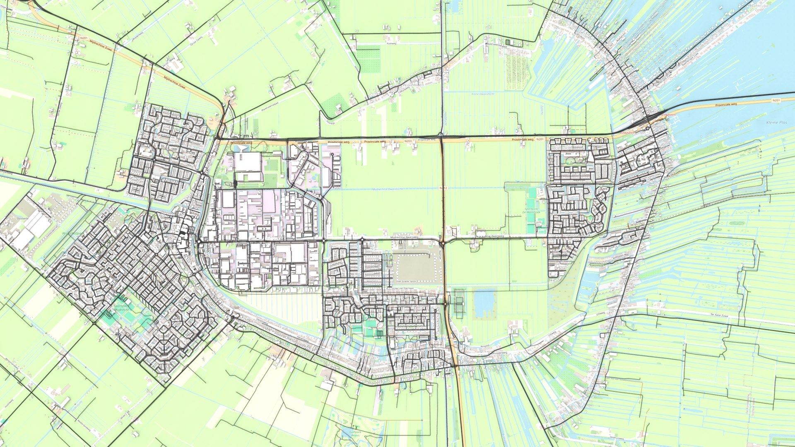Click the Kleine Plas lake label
coord(776,123)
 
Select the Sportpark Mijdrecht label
coord(121,308)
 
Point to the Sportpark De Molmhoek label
coord(532,211)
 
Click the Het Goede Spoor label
coord(406,281)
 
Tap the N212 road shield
coord(443,188)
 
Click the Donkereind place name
coord(596,372)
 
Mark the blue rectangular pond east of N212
coord(485,304)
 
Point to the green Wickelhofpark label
coord(72,233)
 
